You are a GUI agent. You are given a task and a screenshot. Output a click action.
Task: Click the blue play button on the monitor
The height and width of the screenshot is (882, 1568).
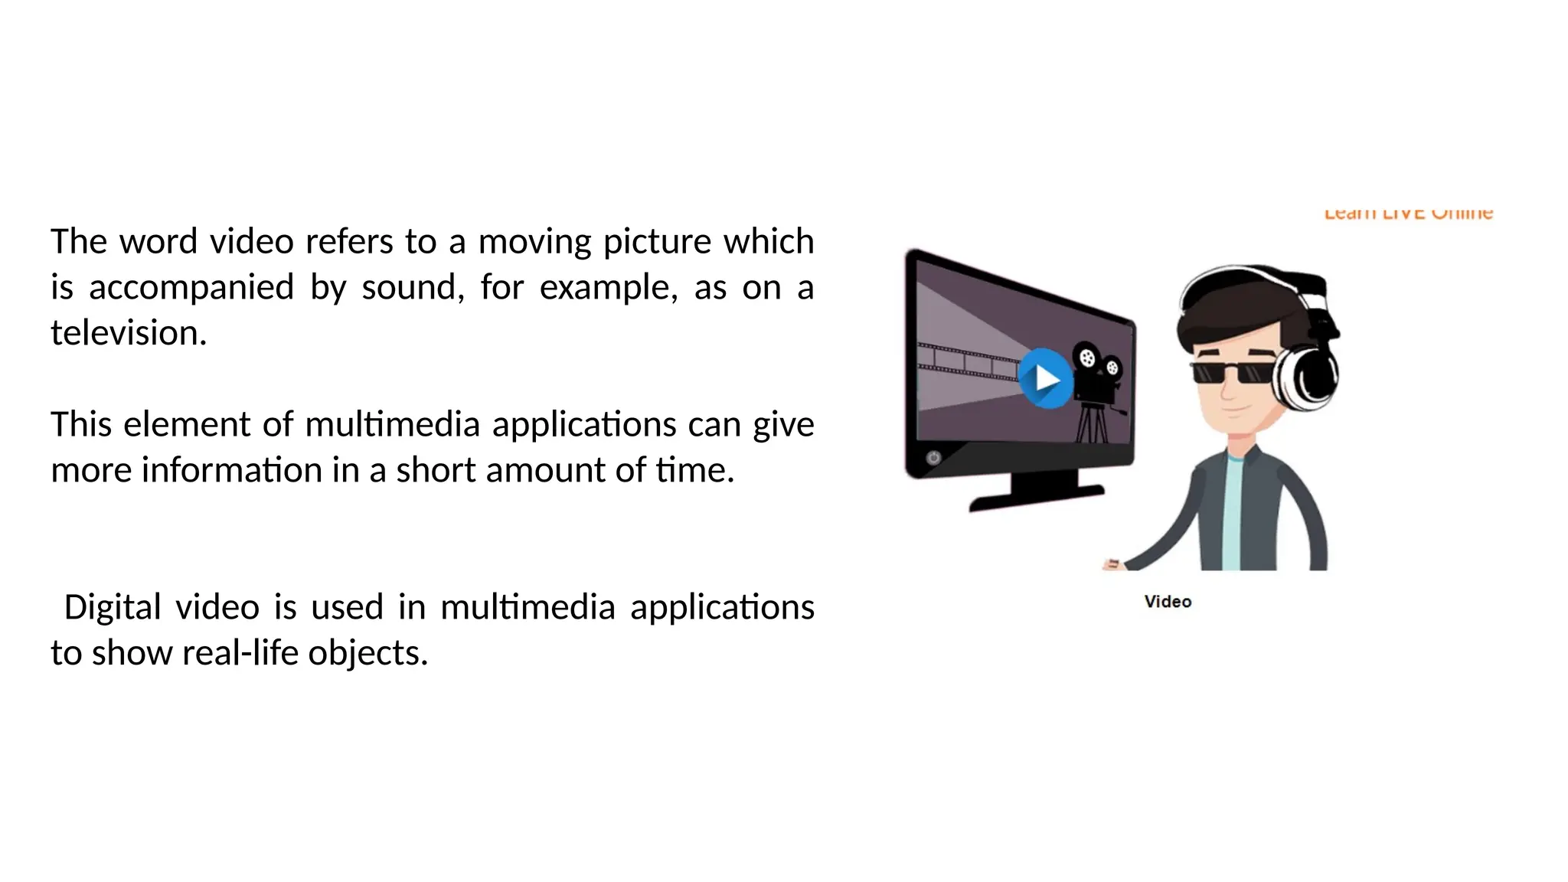[x=1045, y=378]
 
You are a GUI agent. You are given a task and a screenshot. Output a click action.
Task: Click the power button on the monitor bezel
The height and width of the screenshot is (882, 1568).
[x=933, y=458]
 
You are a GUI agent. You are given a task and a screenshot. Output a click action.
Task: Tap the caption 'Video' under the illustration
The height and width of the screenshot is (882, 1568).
[x=1168, y=602]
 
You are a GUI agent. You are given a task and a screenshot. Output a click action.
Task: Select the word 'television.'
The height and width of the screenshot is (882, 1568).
[x=129, y=333]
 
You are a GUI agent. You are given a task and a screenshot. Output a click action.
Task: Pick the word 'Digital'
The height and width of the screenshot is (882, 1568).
[x=112, y=607]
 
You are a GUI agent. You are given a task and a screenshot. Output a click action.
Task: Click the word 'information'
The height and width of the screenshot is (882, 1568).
[x=231, y=470]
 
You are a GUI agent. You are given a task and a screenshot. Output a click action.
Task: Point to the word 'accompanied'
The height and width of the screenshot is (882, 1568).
[x=191, y=288]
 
